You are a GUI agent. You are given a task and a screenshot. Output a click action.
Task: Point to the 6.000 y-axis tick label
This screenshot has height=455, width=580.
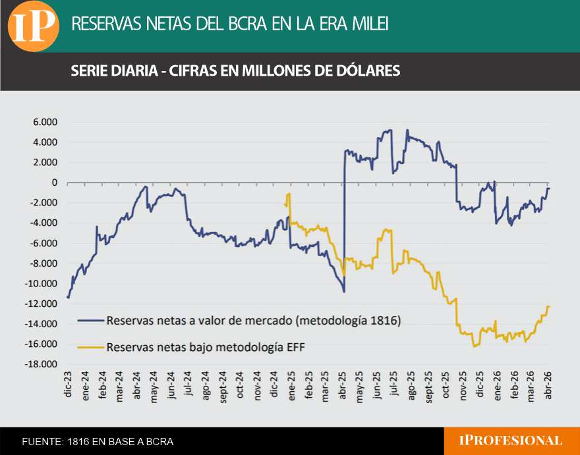click(45, 122)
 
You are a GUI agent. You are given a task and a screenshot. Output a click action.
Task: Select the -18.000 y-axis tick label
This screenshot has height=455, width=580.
click(41, 365)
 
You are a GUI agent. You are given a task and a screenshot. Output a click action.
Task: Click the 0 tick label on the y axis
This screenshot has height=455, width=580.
click(54, 183)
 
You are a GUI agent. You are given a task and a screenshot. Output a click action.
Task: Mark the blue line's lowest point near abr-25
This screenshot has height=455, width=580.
click(343, 292)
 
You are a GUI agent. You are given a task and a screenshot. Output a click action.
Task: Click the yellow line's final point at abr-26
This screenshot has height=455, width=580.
click(549, 306)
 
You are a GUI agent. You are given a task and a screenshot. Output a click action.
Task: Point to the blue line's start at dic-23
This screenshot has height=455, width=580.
click(68, 298)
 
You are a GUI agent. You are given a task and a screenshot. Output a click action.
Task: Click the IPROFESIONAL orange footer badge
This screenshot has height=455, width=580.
click(512, 441)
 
